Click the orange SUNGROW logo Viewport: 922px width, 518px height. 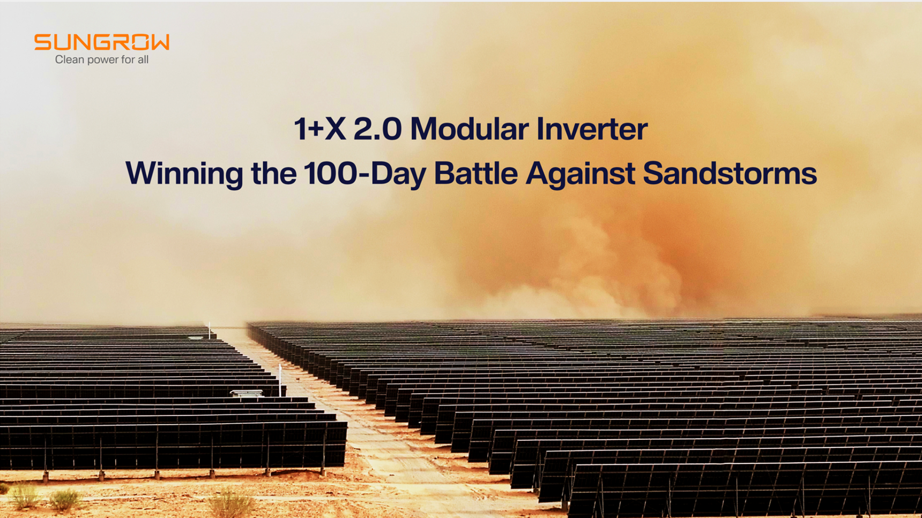(x=102, y=42)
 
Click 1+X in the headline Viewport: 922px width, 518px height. (x=319, y=129)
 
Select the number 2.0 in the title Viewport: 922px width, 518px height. (x=377, y=129)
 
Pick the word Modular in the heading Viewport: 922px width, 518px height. (x=469, y=129)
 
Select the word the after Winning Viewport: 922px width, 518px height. (x=273, y=173)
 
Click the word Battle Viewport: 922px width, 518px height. (x=475, y=173)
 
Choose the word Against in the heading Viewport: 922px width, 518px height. (x=580, y=174)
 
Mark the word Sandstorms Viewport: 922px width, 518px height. (x=730, y=173)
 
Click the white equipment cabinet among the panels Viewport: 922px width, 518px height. (x=247, y=394)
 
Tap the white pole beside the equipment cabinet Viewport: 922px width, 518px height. (x=280, y=380)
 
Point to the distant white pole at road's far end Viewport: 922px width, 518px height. (x=210, y=330)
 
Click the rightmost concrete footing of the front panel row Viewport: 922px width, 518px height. (x=323, y=472)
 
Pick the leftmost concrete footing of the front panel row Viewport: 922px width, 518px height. (x=46, y=476)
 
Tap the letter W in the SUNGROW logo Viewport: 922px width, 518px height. (x=159, y=42)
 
